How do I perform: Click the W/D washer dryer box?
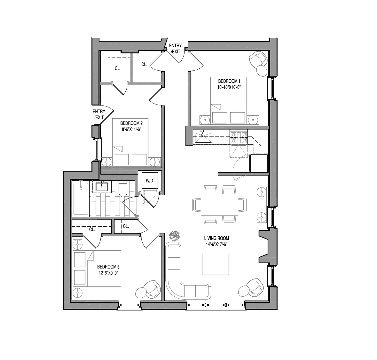(150, 181)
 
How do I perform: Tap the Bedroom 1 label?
(227, 81)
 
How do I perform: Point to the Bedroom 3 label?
(108, 267)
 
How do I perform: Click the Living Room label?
(217, 238)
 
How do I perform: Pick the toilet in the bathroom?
(123, 189)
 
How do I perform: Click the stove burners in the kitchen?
(238, 138)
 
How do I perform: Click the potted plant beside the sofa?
(174, 236)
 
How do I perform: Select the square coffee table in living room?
(215, 264)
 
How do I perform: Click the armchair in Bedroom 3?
(152, 289)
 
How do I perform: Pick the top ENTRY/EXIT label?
(175, 48)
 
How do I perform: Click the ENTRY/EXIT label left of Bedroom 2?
(99, 114)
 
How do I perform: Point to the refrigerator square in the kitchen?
(259, 163)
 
